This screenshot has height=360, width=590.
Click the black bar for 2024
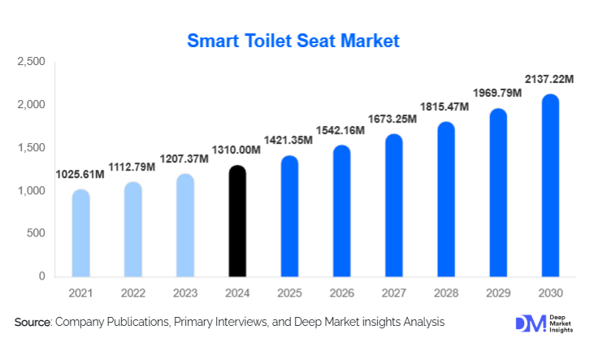(x=237, y=221)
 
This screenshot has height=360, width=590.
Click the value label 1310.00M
(x=237, y=150)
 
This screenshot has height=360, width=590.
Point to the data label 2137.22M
(x=549, y=80)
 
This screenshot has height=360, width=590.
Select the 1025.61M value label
(x=81, y=175)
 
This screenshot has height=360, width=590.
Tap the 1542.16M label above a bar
(x=341, y=130)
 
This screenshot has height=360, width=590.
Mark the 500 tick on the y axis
(x=36, y=234)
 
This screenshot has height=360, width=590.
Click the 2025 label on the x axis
(x=289, y=293)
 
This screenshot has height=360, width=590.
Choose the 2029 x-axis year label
(x=497, y=293)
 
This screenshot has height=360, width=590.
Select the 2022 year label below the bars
(x=133, y=293)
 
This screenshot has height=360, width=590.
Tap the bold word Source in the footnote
(x=32, y=323)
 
